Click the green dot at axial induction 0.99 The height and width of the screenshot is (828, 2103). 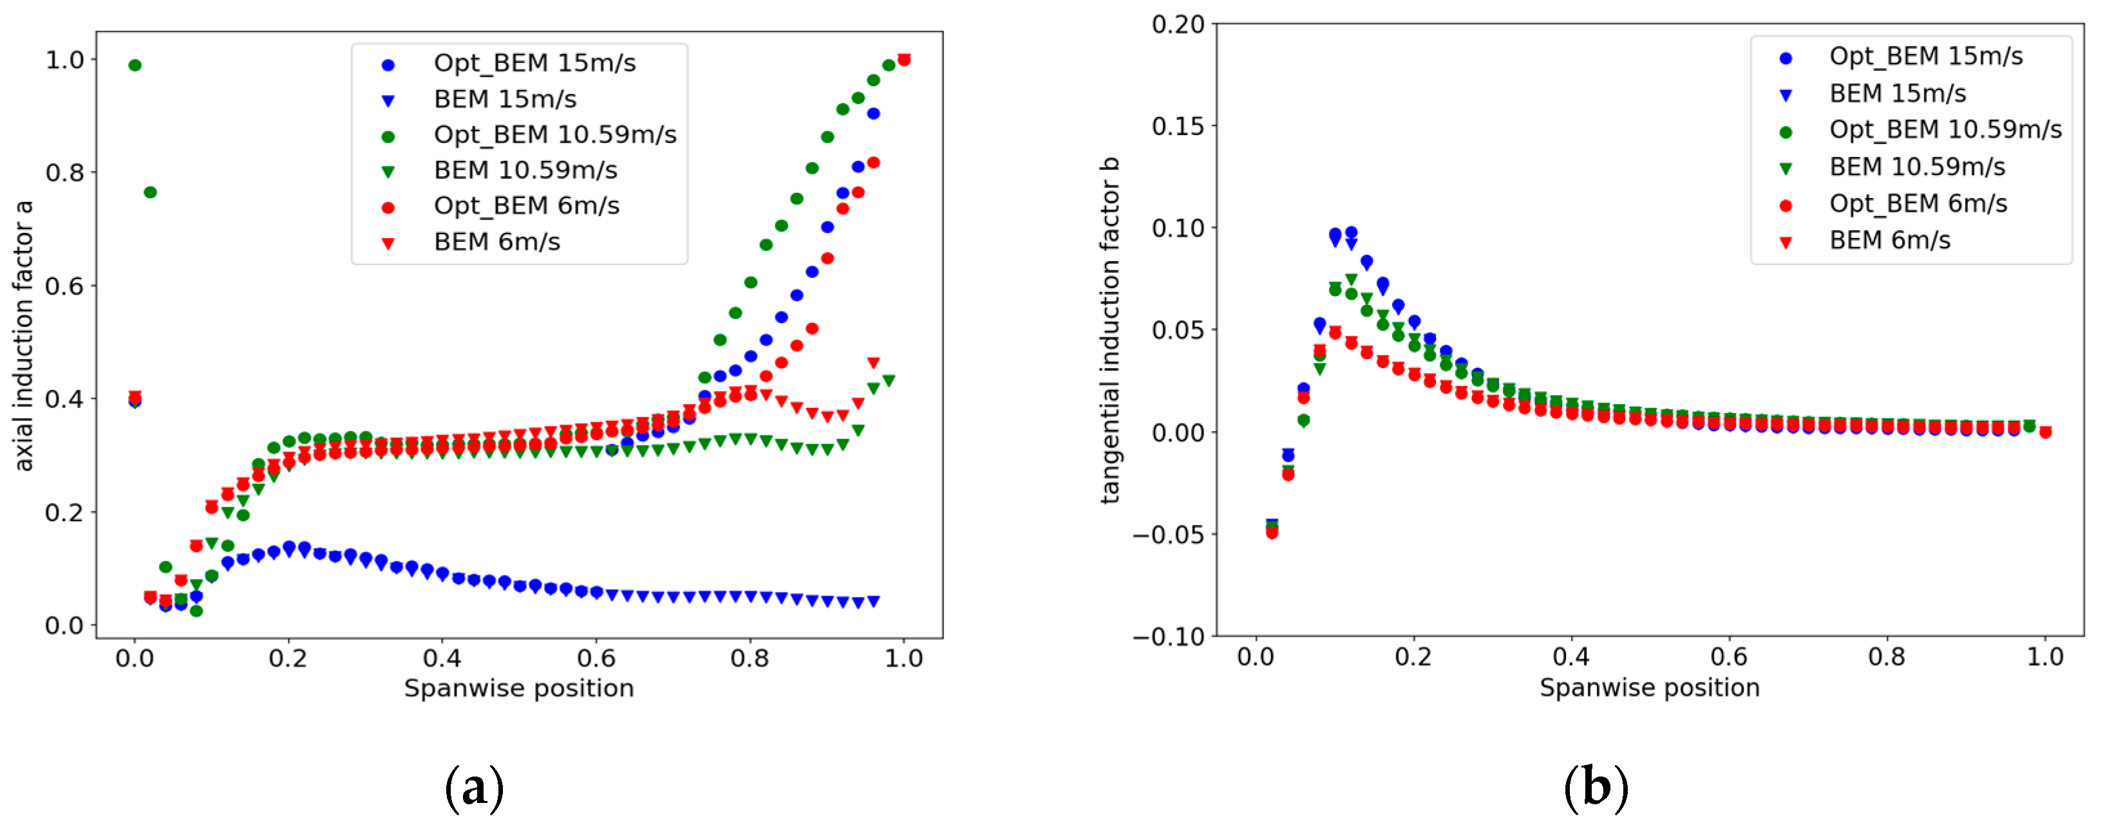135,65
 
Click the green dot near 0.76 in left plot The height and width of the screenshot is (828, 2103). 150,192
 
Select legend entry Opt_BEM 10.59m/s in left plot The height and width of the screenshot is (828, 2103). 554,134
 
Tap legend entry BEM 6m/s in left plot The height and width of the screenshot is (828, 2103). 496,241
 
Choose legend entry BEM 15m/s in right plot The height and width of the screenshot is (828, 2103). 1896,94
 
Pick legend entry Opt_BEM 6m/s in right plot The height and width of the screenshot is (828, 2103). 1917,204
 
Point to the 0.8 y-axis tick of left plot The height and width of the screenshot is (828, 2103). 64,172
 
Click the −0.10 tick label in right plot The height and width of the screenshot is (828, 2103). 1168,636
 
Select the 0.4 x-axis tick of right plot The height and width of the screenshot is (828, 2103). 1570,657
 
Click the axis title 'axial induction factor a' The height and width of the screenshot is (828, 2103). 24,335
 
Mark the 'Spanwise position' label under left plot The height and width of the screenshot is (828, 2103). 518,688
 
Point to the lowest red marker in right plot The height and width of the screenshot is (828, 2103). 1272,533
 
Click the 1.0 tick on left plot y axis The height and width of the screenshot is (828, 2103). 64,60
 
